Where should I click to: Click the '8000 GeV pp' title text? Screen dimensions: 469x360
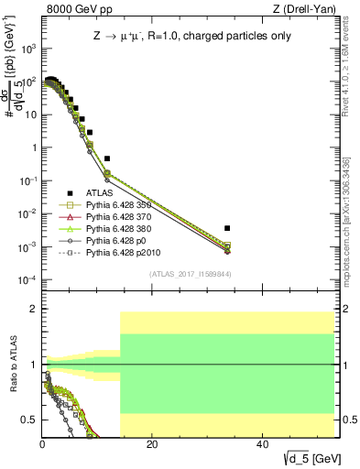tap(74, 10)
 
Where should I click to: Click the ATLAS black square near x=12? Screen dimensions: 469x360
tap(107, 158)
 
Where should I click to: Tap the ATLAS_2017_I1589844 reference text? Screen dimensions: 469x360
tap(189, 274)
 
